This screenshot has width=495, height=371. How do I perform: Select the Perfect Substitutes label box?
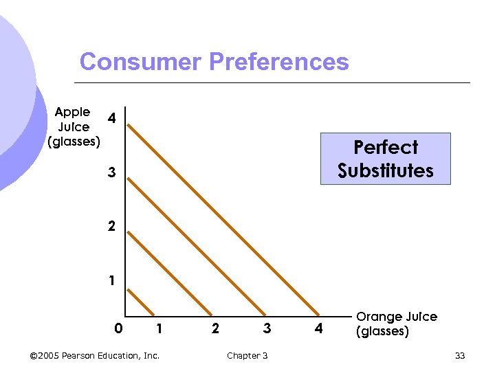coord(386,159)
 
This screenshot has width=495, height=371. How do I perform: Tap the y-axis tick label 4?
coord(111,119)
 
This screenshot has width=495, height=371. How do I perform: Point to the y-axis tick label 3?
coord(111,173)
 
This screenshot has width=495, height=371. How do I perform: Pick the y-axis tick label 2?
coord(111,227)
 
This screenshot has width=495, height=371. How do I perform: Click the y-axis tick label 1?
coord(111,280)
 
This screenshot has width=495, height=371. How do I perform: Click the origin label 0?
coord(118,329)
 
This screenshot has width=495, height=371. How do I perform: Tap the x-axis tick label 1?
coord(159,329)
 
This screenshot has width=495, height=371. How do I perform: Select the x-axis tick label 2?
coord(215,329)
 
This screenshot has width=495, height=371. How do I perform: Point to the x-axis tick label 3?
coord(267,329)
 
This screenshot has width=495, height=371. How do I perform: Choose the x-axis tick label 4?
coord(318,329)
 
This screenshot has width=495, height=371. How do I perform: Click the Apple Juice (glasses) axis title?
coord(73,127)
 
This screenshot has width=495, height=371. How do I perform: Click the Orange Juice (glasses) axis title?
coord(396,324)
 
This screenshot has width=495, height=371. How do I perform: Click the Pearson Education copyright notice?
coord(95,355)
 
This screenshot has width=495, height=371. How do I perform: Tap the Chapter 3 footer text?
coord(247,355)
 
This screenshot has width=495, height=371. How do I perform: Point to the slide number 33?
coord(460,355)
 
